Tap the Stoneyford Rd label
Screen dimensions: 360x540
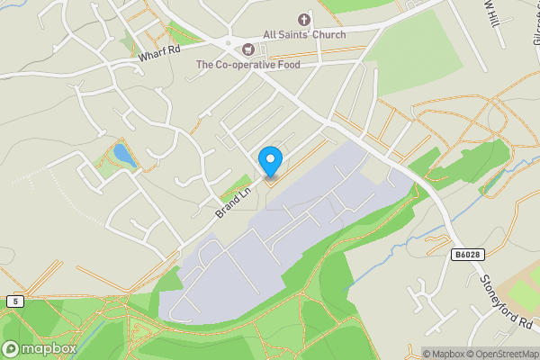(x=508, y=302)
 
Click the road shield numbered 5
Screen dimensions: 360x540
(x=14, y=301)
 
